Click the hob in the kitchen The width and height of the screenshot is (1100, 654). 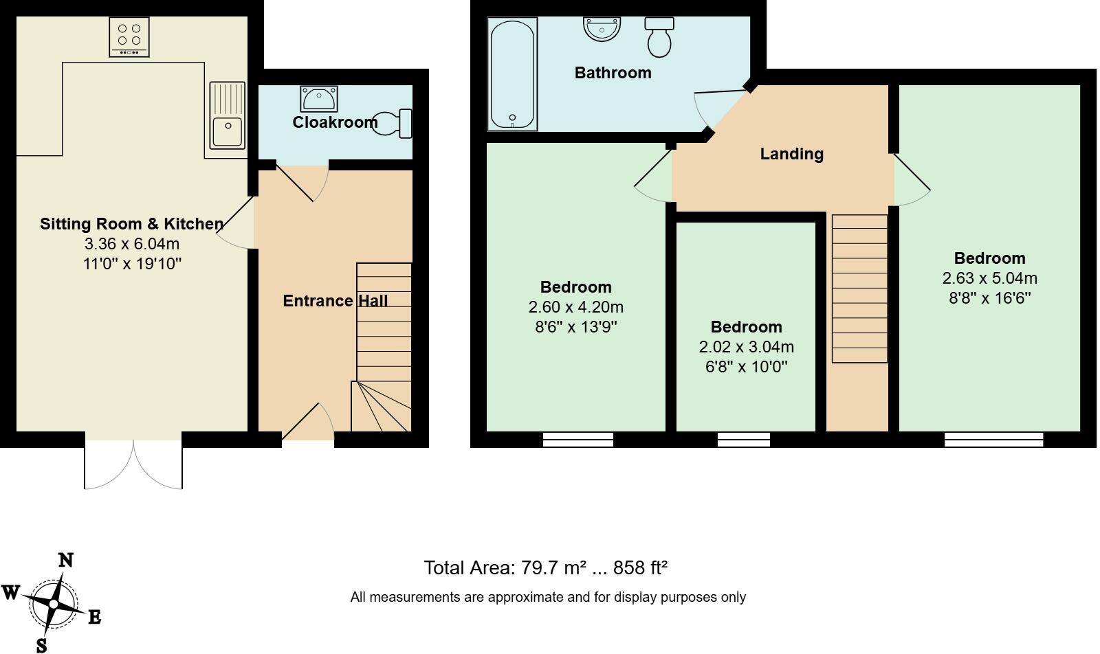[129, 37]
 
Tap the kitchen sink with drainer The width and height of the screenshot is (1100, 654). [228, 115]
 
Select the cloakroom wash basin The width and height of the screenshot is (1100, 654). [318, 99]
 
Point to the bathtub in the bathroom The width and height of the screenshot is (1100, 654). [512, 74]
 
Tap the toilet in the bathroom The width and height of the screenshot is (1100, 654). [659, 37]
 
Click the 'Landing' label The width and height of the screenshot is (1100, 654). [791, 154]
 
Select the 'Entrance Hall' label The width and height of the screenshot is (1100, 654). [335, 301]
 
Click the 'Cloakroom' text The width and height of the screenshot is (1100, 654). [335, 122]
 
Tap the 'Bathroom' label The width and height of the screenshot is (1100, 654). [613, 73]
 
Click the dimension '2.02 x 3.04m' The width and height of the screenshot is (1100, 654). [746, 347]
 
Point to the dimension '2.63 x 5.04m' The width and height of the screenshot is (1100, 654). [989, 278]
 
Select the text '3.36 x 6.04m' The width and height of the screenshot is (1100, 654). [132, 244]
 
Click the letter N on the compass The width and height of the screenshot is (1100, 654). [65, 561]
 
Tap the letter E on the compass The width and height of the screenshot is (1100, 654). [94, 618]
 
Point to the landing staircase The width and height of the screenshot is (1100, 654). [859, 289]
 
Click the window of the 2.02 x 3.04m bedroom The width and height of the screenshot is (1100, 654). [743, 440]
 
